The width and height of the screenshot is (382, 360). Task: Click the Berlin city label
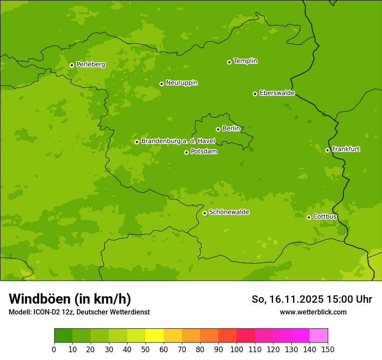(x=231, y=128)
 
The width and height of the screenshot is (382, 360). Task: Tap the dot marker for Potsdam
(x=187, y=152)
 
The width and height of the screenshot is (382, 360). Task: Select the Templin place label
(x=245, y=61)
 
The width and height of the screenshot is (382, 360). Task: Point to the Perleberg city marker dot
(x=72, y=65)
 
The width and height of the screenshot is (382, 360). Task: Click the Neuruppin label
(x=181, y=83)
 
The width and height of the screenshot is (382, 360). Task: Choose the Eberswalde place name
(x=277, y=93)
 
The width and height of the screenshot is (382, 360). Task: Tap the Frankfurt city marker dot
(x=327, y=151)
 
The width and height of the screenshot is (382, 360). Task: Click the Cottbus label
(x=325, y=216)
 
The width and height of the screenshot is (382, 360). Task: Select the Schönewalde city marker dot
(x=204, y=213)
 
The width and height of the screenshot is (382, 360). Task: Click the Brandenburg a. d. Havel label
(x=178, y=141)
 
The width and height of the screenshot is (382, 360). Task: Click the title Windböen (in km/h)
(x=70, y=299)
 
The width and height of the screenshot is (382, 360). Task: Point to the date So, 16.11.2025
(x=287, y=299)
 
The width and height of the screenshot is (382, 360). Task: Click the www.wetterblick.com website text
(x=313, y=312)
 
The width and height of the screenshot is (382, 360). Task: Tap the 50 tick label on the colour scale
(x=145, y=349)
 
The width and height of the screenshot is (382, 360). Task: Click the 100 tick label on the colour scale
(x=237, y=349)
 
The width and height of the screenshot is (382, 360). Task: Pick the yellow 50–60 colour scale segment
(x=155, y=336)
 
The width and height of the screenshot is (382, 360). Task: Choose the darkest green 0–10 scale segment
(x=63, y=336)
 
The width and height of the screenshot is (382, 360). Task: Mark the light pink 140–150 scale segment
(x=319, y=336)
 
